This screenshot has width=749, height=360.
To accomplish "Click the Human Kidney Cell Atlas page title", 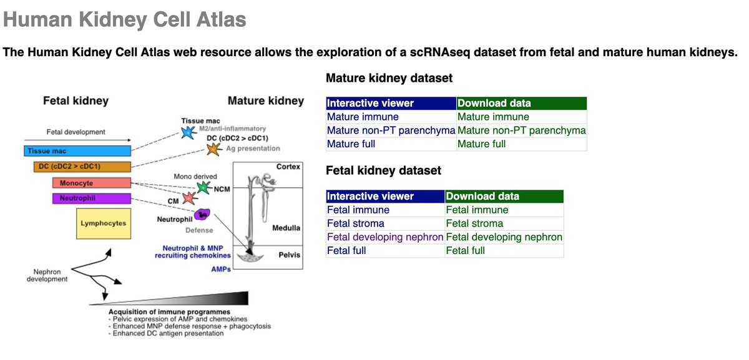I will tap(125, 20).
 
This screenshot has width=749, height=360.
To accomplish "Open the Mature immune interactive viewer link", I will tap(363, 117).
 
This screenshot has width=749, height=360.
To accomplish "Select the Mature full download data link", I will tap(481, 144).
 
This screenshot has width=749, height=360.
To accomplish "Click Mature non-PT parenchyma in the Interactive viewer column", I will tap(391, 130).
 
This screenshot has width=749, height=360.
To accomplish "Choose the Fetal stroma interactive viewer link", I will tap(356, 223).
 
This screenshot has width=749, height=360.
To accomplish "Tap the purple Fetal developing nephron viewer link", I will tap(385, 237).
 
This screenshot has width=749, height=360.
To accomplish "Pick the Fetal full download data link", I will tap(467, 251).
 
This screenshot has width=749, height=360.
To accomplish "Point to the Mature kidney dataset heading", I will tap(389, 79).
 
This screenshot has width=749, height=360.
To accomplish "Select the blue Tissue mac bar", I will tap(77, 151).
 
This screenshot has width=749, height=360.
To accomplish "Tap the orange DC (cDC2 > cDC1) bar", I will tap(82, 167).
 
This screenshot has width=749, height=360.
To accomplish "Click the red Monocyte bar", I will tap(91, 183).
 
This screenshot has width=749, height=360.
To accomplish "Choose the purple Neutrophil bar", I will tap(91, 199).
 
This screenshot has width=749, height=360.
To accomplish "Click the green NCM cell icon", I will tap(203, 187).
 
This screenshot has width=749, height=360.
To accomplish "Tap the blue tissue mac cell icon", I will tap(187, 132).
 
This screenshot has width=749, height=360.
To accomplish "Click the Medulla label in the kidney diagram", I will tap(286, 228).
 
